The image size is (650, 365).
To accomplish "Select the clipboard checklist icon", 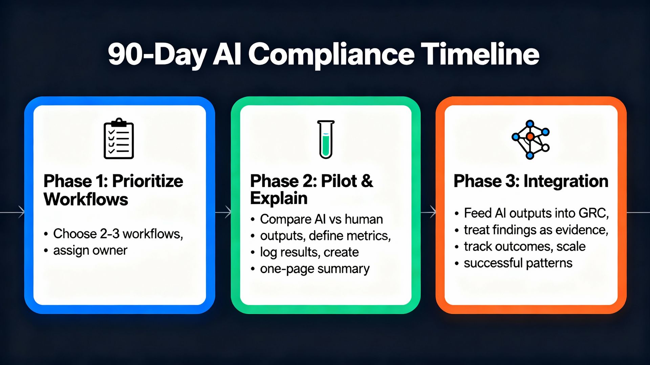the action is [118, 138].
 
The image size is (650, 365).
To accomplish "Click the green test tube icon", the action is [326, 139].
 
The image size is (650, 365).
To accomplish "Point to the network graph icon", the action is [530, 140].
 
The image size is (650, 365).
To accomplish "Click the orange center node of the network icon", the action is [530, 137].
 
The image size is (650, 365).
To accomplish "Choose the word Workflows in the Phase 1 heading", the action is [86, 199].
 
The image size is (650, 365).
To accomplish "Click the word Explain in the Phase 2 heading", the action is [279, 198].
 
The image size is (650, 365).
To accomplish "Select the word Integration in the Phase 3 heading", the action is [566, 181].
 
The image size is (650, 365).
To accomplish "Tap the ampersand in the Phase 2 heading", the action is [367, 181].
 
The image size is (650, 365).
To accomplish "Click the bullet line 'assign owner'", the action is [90, 250].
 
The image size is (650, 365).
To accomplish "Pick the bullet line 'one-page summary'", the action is [315, 269].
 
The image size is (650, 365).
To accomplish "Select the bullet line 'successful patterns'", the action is [518, 263].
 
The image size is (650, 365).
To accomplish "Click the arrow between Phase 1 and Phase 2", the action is [223, 212].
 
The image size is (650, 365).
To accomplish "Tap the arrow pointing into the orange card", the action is [428, 212].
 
